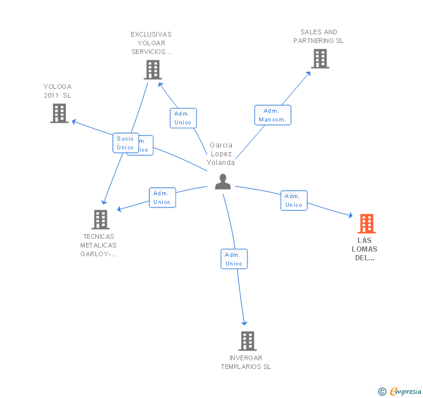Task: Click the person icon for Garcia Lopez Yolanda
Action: tap(223, 182)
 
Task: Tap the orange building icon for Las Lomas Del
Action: tap(366, 224)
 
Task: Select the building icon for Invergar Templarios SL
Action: tap(248, 341)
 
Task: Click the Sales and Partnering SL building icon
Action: tap(320, 59)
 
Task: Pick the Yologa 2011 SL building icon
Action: tap(59, 113)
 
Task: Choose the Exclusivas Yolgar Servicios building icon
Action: tap(152, 70)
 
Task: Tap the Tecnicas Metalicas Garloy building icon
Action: tap(101, 220)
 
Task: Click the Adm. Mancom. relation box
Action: tap(273, 115)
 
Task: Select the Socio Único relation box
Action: tap(126, 143)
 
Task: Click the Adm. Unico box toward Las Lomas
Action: tap(293, 200)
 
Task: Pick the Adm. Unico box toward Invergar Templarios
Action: tap(234, 259)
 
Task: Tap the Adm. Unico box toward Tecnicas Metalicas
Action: tap(162, 198)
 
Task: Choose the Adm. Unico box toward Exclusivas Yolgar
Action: tap(183, 118)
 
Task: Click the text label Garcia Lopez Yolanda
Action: tap(221, 154)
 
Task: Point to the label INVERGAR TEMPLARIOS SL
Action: tap(246, 363)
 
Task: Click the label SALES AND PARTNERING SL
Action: tap(318, 37)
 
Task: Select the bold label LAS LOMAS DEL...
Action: tap(367, 249)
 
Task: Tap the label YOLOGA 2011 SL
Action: tap(58, 91)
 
